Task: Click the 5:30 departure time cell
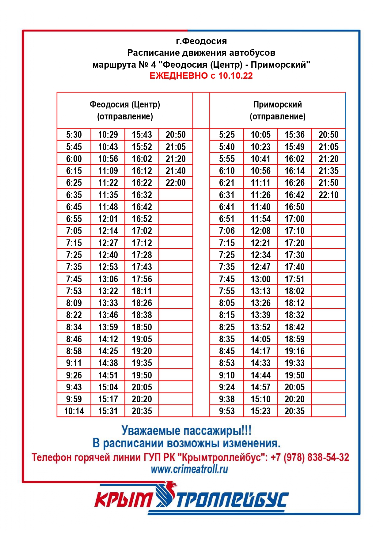click(x=74, y=135)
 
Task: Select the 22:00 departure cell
click(x=176, y=183)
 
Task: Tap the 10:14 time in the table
click(x=74, y=411)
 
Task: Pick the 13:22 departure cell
click(x=108, y=291)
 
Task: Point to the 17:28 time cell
click(x=142, y=255)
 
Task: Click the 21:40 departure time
click(x=176, y=171)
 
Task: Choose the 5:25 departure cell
click(x=227, y=135)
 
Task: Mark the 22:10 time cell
click(x=329, y=195)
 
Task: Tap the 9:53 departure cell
click(x=227, y=411)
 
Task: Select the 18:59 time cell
click(x=294, y=339)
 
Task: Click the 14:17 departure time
click(x=260, y=351)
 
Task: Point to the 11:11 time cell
click(x=260, y=183)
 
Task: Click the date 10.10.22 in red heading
click(x=235, y=76)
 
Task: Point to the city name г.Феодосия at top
click(x=201, y=41)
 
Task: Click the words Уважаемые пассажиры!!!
click(x=186, y=430)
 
